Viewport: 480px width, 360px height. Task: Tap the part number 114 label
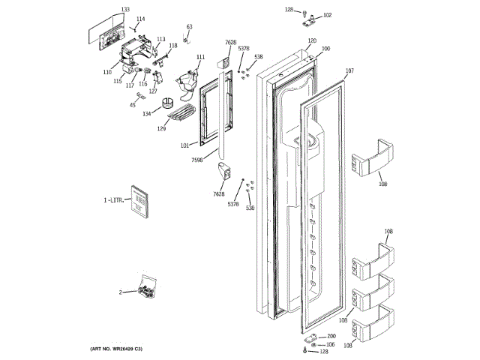(x=140, y=19)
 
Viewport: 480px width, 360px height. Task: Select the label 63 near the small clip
(x=189, y=27)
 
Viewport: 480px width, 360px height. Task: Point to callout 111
(x=200, y=57)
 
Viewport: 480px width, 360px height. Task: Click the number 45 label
(x=133, y=105)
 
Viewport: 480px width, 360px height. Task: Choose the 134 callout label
(x=147, y=113)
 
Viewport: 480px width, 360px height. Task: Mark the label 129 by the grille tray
(x=161, y=129)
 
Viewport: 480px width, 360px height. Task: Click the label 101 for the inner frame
(x=184, y=145)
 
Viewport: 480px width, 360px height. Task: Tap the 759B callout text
(x=198, y=160)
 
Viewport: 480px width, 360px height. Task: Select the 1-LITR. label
(x=113, y=201)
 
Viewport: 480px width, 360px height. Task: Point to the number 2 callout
(x=119, y=292)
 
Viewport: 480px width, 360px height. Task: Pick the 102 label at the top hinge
(x=327, y=15)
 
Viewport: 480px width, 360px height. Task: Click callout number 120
(x=312, y=40)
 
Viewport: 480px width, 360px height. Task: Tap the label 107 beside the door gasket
(x=349, y=71)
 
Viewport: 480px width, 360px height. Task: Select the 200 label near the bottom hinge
(x=331, y=336)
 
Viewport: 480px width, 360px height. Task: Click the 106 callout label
(x=331, y=344)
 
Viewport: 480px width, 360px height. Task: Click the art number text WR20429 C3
(x=112, y=350)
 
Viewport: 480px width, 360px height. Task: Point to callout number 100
(x=325, y=49)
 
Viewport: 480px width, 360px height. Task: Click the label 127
(x=153, y=91)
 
